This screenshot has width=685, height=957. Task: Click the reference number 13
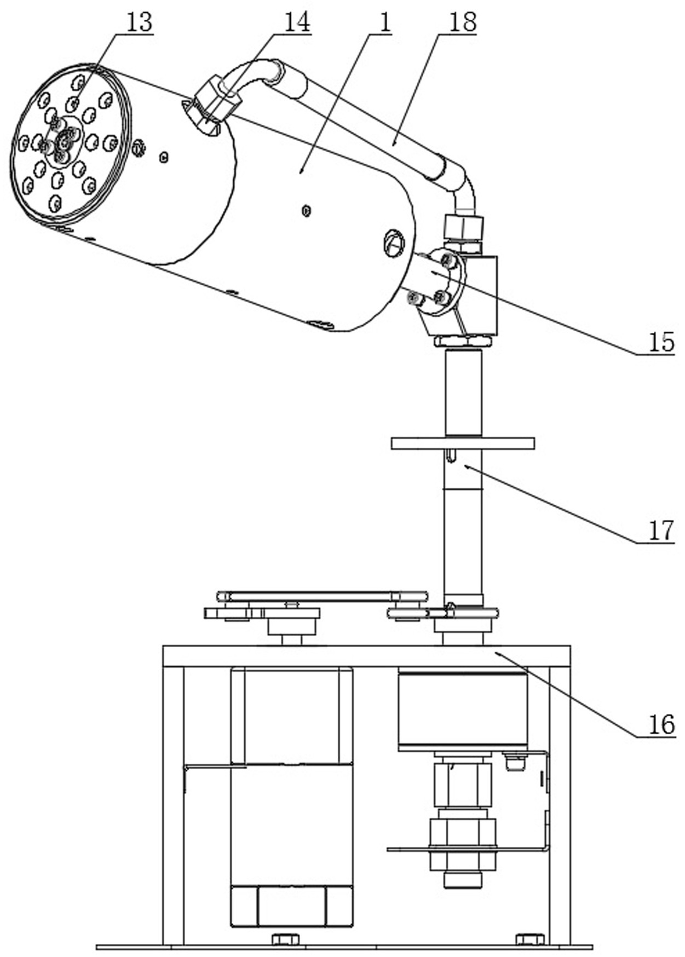tap(139, 24)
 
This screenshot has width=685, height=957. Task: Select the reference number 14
tap(297, 22)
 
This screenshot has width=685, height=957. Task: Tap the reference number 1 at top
tap(384, 24)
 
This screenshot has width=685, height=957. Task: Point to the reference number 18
tap(463, 22)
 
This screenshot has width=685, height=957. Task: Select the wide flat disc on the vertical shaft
tap(463, 443)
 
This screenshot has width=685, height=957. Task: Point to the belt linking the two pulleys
tap(323, 596)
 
